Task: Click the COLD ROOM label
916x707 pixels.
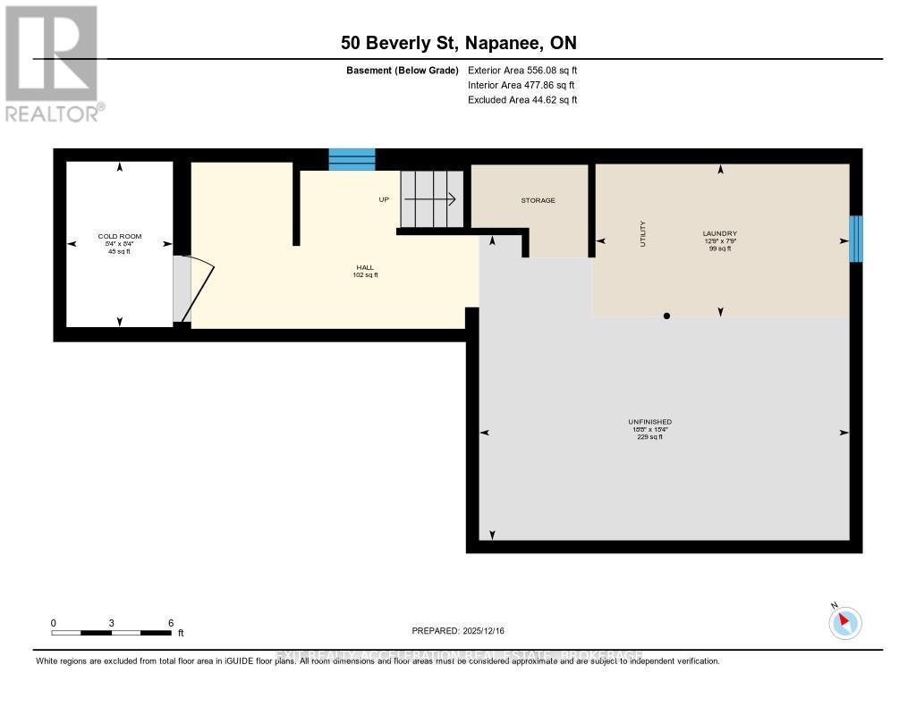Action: [119, 237]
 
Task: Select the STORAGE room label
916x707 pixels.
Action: [538, 200]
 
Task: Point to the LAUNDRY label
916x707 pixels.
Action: [719, 234]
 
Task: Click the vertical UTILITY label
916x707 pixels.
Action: [642, 234]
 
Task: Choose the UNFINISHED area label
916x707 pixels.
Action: [649, 422]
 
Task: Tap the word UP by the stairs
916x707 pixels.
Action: [384, 199]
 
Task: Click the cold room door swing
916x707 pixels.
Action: [195, 288]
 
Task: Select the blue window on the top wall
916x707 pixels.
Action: [352, 159]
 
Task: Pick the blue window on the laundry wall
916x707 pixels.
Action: [855, 239]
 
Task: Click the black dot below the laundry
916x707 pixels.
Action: [666, 316]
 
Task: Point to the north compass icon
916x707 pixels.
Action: [844, 622]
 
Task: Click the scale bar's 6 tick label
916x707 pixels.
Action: [170, 622]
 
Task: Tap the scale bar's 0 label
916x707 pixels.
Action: [54, 622]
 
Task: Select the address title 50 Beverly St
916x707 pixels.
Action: [458, 42]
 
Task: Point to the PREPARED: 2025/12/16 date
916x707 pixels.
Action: [458, 631]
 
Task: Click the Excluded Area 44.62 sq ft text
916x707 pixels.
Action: [522, 100]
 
